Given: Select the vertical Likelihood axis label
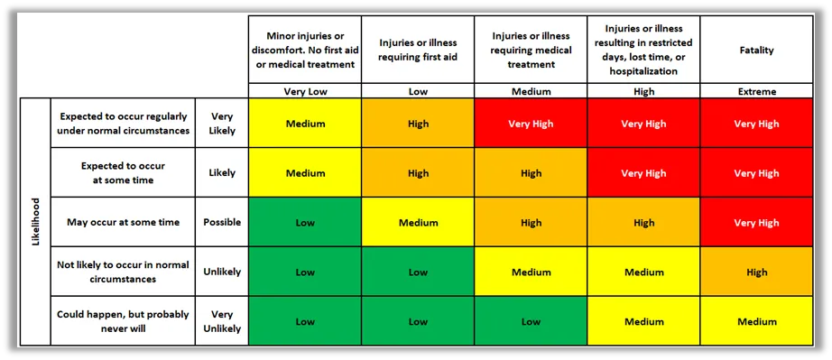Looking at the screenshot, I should pyautogui.click(x=34, y=222).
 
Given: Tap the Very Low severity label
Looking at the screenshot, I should pyautogui.click(x=304, y=91).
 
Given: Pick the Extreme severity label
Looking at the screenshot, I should pyautogui.click(x=756, y=91).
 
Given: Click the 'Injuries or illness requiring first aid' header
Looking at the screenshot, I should pyautogui.click(x=418, y=50).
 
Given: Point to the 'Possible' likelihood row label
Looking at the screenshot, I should pyautogui.click(x=222, y=222).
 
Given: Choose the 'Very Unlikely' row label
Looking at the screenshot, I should pyautogui.click(x=222, y=321).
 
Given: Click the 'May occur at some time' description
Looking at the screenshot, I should pyautogui.click(x=124, y=222).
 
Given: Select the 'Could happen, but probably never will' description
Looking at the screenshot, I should pyautogui.click(x=124, y=321).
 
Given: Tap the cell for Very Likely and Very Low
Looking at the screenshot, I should pyautogui.click(x=304, y=124).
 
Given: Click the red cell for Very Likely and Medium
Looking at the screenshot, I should pyautogui.click(x=531, y=124).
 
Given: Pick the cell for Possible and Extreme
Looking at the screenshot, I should pyautogui.click(x=756, y=223).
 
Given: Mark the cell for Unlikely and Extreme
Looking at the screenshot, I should pyautogui.click(x=756, y=272).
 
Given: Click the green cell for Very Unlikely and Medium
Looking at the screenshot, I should pyautogui.click(x=531, y=321).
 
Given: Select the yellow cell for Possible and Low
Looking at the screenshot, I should pyautogui.click(x=418, y=223).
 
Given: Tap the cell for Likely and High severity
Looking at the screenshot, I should pyautogui.click(x=643, y=173).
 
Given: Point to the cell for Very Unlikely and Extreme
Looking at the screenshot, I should pyautogui.click(x=756, y=321).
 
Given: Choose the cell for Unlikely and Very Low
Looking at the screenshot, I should pyautogui.click(x=304, y=272).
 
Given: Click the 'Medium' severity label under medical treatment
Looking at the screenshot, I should pyautogui.click(x=531, y=91).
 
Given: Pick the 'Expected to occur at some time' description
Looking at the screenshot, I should pyautogui.click(x=124, y=173).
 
